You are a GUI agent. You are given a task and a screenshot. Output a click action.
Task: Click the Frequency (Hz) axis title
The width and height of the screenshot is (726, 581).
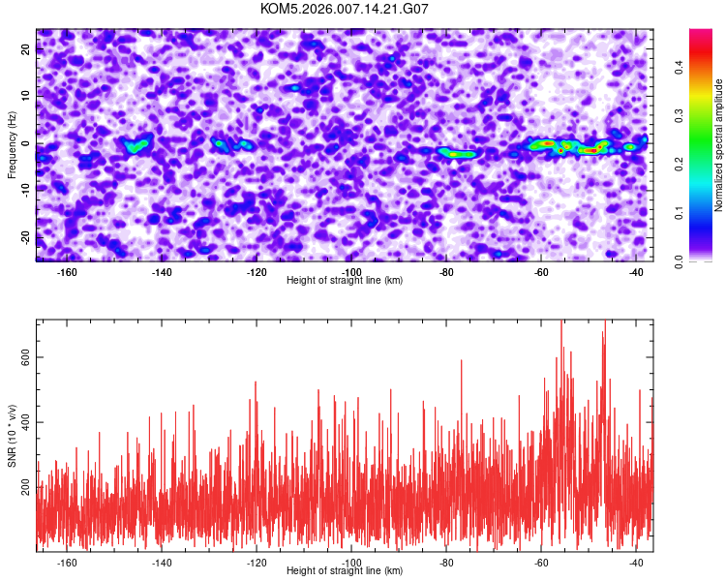[12, 144]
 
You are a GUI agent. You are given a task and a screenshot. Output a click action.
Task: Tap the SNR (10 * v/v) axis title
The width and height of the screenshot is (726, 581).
[12, 436]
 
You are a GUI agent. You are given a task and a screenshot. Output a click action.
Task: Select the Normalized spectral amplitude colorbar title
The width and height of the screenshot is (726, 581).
[718, 145]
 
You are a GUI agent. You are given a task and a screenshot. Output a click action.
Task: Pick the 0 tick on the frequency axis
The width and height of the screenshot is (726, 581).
[26, 143]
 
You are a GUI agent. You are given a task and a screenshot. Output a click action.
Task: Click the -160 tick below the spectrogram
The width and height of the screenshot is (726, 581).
[68, 273]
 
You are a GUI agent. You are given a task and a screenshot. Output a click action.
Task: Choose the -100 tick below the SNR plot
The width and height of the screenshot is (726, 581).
[352, 564]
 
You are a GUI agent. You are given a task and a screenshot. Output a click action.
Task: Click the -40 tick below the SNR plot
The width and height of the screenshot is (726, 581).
[637, 564]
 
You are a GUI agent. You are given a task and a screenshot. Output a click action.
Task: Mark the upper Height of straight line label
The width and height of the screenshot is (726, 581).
[345, 280]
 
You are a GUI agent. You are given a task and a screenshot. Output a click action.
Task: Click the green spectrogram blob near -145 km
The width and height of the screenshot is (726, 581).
[136, 147]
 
